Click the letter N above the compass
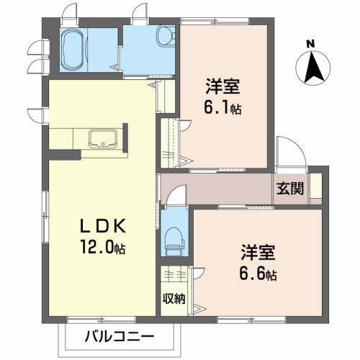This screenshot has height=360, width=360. pos(311,43)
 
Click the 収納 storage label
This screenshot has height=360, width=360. pos(173,298)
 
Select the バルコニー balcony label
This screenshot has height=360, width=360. pos(118,336)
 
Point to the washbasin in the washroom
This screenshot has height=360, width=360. pos(163,36)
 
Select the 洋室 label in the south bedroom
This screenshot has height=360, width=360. pos(257,253)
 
